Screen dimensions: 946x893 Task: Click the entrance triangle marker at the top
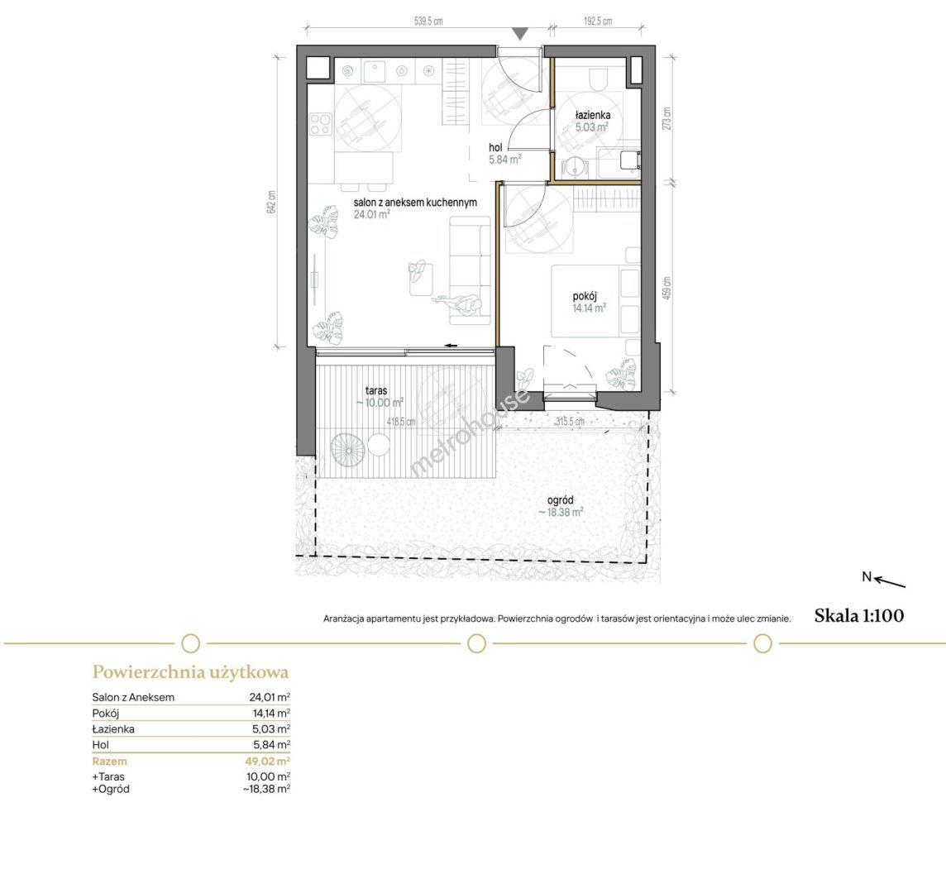click(521, 35)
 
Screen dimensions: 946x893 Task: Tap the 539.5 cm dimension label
click(428, 21)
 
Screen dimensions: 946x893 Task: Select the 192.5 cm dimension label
click(598, 21)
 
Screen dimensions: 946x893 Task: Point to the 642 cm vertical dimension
click(271, 202)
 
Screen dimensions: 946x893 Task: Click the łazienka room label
click(592, 115)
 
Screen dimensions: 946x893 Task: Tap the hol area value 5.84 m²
click(505, 160)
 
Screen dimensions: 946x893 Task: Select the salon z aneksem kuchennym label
click(415, 202)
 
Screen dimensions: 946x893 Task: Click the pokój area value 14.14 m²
click(590, 308)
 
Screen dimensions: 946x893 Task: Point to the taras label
click(376, 390)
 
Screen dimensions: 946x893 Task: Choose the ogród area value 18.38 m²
click(561, 513)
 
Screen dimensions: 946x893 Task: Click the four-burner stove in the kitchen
click(321, 124)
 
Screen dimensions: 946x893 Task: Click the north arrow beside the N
click(890, 582)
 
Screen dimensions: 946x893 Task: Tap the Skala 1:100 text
click(859, 615)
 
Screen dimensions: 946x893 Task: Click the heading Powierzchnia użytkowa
click(191, 671)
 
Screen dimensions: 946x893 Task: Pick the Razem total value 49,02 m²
click(268, 761)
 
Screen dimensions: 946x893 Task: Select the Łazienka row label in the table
click(113, 729)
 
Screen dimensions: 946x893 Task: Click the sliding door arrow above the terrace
click(450, 346)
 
